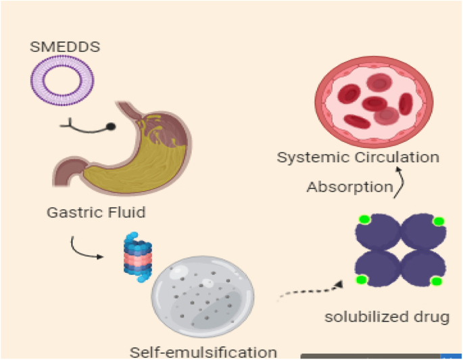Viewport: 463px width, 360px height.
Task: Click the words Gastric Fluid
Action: (x=96, y=213)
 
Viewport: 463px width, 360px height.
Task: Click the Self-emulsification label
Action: (x=203, y=352)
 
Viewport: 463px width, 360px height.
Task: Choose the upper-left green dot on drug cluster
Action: (x=364, y=220)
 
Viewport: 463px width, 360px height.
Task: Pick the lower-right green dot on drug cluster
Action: (x=436, y=280)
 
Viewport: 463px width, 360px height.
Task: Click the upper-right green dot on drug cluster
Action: (x=437, y=221)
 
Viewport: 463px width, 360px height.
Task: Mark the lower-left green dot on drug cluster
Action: (x=362, y=279)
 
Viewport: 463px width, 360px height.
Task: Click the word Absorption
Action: (x=349, y=186)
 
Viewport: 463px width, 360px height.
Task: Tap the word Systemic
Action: (x=313, y=157)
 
